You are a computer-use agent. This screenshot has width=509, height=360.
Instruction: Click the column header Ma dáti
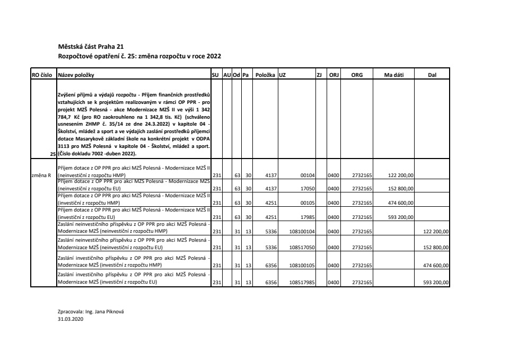pyautogui.click(x=394, y=75)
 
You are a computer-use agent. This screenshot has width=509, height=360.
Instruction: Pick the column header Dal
pyautogui.click(x=432, y=75)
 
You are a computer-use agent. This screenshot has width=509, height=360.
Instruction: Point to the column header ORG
pyautogui.click(x=357, y=75)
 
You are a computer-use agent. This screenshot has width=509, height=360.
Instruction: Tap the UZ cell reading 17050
pyautogui.click(x=308, y=188)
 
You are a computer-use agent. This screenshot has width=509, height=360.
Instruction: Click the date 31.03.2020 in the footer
pyautogui.click(x=71, y=320)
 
